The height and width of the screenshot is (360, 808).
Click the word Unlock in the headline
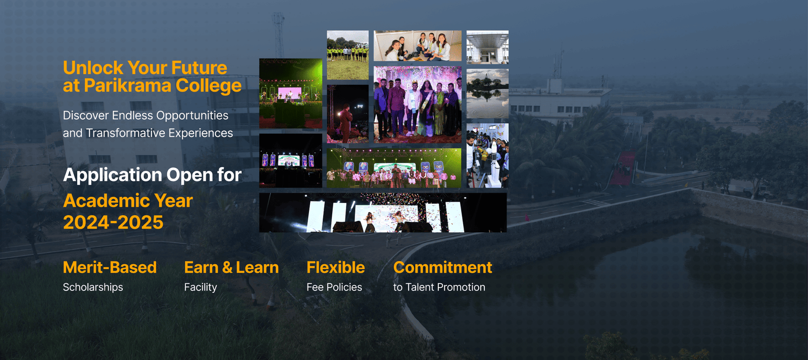[93, 68]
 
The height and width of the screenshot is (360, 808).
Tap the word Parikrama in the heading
[128, 86]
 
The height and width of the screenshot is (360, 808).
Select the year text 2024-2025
[113, 223]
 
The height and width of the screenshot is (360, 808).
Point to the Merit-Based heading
[110, 267]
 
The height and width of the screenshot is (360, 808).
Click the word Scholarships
[93, 287]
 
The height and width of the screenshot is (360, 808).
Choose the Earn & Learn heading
[231, 267]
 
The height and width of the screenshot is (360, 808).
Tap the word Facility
[200, 287]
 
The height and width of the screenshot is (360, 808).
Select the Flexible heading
[335, 267]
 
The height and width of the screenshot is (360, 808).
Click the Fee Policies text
[334, 287]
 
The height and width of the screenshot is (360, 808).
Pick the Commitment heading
[442, 267]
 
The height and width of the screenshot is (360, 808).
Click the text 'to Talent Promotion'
[439, 287]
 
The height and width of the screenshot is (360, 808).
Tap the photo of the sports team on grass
[347, 55]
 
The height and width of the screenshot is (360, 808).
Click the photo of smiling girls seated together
[417, 45]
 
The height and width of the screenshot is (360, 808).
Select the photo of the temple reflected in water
[487, 94]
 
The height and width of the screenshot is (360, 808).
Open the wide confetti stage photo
[383, 213]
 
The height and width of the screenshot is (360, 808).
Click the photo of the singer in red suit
[347, 114]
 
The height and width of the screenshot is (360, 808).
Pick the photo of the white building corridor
[487, 47]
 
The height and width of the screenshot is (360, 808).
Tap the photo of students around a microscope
[487, 156]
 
